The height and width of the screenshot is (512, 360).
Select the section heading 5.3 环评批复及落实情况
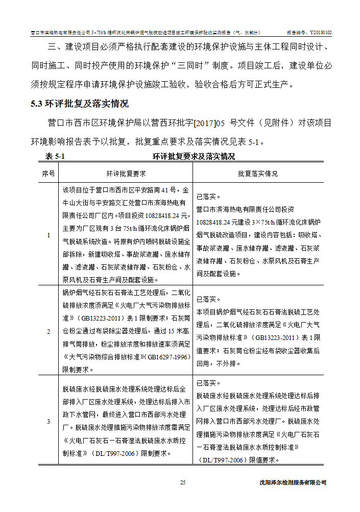click(79, 104)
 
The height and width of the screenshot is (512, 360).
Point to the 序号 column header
click(49, 174)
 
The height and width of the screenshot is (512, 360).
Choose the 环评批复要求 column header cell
click(126, 174)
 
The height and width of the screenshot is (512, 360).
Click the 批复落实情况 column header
click(258, 174)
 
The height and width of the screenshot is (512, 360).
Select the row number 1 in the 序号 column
click(49, 235)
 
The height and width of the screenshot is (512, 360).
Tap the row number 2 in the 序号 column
click(49, 331)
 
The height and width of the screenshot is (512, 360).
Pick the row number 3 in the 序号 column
click(49, 421)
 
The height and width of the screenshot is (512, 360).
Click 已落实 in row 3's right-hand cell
click(209, 383)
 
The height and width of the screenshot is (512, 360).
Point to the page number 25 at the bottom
click(183, 482)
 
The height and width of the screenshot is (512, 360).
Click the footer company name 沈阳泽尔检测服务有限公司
click(293, 482)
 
